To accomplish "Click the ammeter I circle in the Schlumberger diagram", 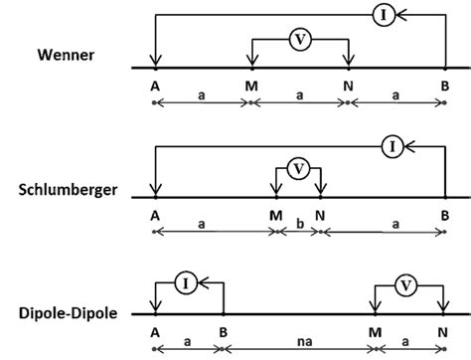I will click(392, 146).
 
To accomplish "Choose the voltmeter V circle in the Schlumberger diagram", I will click(296, 169).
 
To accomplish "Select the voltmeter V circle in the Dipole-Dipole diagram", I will click(405, 286).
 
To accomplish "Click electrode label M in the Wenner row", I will click(250, 86).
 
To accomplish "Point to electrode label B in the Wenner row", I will click(444, 86).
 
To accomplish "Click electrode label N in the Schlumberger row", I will click(319, 215).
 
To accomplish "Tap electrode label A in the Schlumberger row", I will click(155, 215).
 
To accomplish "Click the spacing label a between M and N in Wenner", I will click(299, 96).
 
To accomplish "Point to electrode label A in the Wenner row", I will click(155, 86).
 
